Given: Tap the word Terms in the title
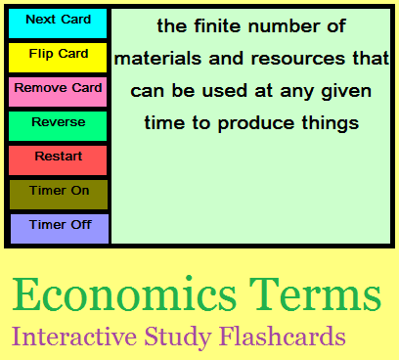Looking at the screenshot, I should pos(313,294).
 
